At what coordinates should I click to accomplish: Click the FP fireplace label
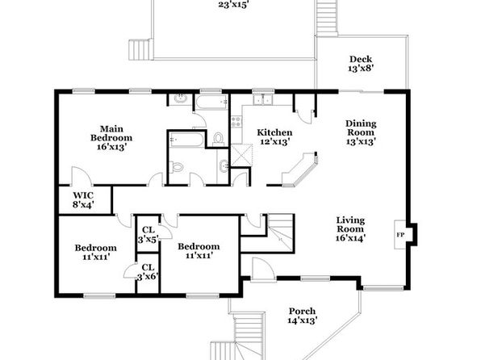pos(400,235)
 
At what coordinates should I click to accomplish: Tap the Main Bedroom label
pos(111,133)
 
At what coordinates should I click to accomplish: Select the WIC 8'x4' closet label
pos(83,200)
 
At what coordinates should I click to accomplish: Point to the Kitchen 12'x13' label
pos(274,137)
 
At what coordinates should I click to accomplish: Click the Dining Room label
pos(361,128)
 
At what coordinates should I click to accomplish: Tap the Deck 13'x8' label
pos(361,64)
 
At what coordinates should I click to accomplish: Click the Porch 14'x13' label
pos(302,316)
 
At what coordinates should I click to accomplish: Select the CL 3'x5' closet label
pos(148,234)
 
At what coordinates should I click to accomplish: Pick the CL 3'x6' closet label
pos(148,272)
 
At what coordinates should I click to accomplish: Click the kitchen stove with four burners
pos(236,121)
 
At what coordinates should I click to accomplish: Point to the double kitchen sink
pos(263,99)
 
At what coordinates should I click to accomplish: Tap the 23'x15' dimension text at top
pos(233,5)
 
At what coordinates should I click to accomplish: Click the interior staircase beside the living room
pos(281,232)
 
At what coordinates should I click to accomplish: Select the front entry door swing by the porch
pos(262,269)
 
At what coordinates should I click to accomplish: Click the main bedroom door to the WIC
pos(81,176)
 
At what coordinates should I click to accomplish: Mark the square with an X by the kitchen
pos(241,155)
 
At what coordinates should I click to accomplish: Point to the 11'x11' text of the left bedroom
pos(96,257)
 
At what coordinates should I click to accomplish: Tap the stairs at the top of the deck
pos(327,18)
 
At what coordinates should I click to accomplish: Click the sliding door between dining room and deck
pos(362,91)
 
